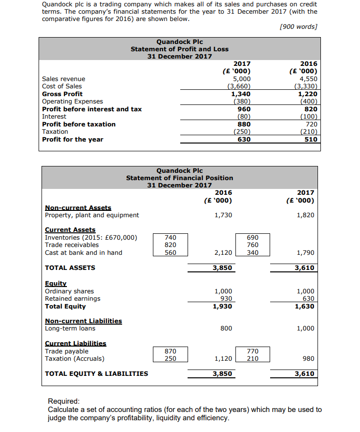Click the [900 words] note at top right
(x=298, y=26)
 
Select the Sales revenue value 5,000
(x=242, y=79)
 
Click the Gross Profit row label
(x=63, y=94)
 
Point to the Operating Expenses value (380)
(x=242, y=102)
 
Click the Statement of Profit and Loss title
(x=179, y=49)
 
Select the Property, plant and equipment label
(x=92, y=215)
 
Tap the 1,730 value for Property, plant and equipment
(x=223, y=215)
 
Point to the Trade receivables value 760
(x=253, y=245)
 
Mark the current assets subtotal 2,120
(x=223, y=252)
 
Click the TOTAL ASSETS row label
(x=70, y=267)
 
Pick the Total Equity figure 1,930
(x=223, y=306)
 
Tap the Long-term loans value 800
(x=226, y=329)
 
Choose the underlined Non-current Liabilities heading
(x=84, y=321)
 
